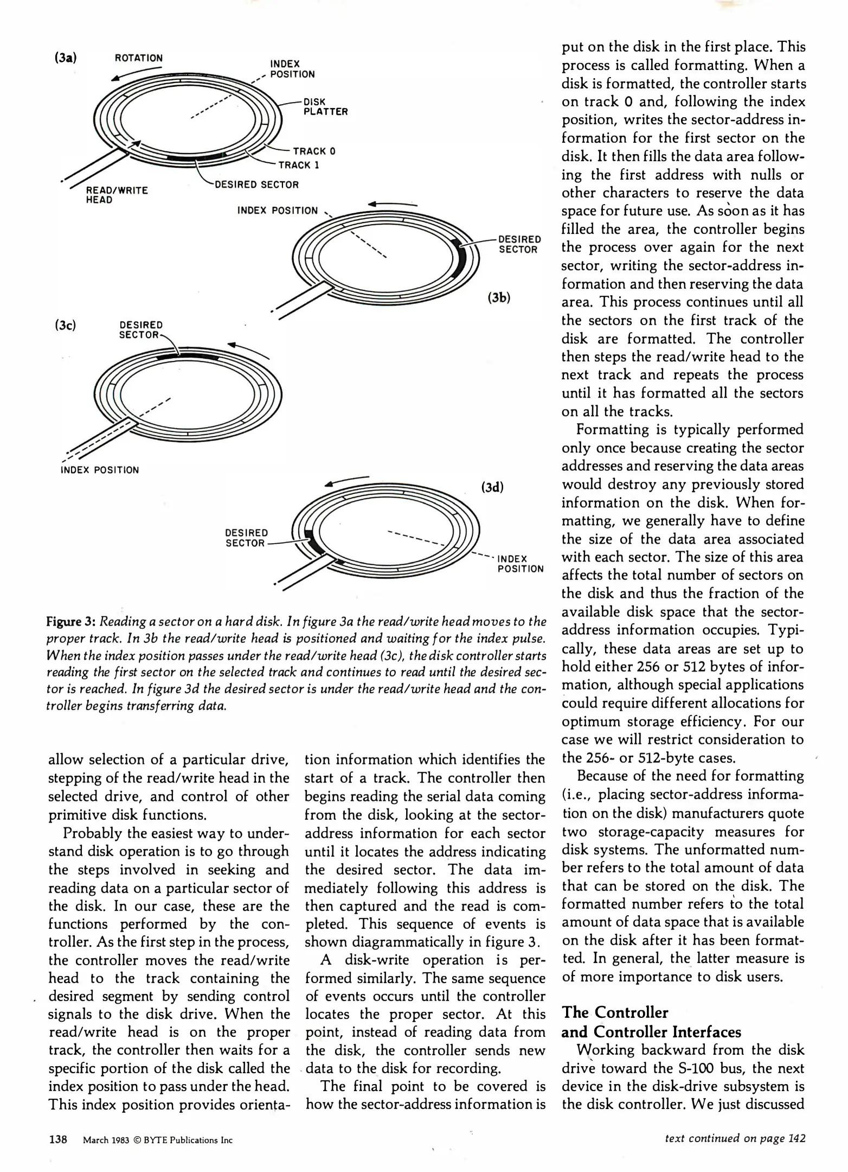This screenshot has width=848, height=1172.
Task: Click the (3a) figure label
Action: click(65, 57)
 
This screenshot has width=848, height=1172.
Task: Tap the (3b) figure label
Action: click(499, 297)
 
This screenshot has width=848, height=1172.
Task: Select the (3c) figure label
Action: click(65, 325)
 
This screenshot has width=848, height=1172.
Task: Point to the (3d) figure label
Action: click(492, 487)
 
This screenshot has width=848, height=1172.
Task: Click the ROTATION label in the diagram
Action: click(139, 58)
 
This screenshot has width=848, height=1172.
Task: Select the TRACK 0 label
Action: click(314, 151)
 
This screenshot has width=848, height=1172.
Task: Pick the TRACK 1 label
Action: click(298, 165)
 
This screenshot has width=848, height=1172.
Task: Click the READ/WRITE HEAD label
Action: click(117, 195)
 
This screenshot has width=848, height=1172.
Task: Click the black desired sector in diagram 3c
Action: click(187, 357)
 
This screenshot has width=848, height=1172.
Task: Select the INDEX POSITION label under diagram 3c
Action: click(100, 470)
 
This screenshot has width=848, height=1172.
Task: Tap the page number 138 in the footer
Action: click(58, 1139)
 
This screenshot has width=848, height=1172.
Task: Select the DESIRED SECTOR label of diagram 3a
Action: click(256, 184)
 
